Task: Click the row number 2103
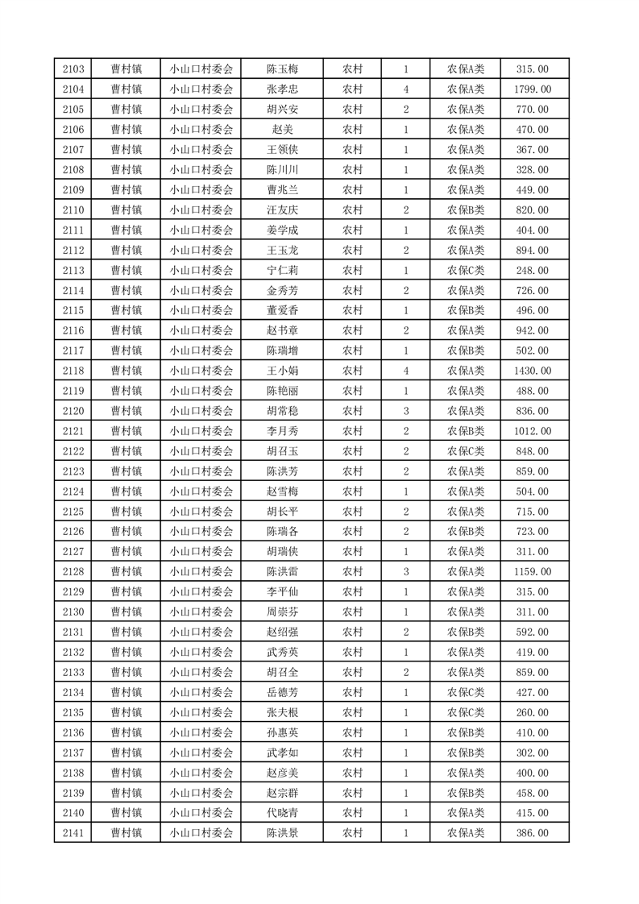(x=73, y=69)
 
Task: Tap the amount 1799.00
(x=533, y=89)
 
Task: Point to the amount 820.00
(x=533, y=210)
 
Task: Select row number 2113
(x=73, y=271)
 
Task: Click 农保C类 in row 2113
(x=466, y=271)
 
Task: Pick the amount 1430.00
(x=533, y=371)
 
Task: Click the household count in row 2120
(x=405, y=411)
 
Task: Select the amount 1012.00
(x=533, y=431)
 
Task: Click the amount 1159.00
(x=533, y=572)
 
